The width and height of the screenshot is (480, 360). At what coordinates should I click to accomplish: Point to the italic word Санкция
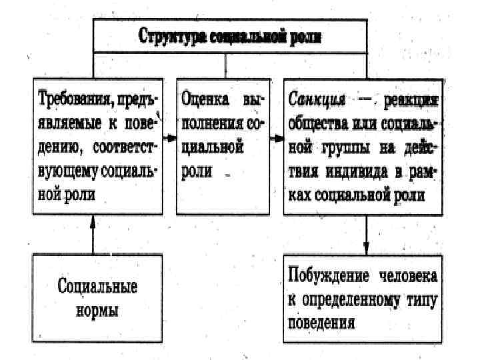click(x=318, y=100)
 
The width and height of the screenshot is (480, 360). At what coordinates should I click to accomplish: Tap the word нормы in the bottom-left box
click(x=97, y=311)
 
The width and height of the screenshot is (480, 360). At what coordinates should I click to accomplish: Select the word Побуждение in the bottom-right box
click(x=329, y=275)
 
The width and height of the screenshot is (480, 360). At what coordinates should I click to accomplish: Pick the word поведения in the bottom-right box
click(x=323, y=323)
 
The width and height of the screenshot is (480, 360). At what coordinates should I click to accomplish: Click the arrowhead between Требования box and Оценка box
click(x=170, y=139)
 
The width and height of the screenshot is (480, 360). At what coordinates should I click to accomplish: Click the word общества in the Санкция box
click(x=317, y=124)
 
